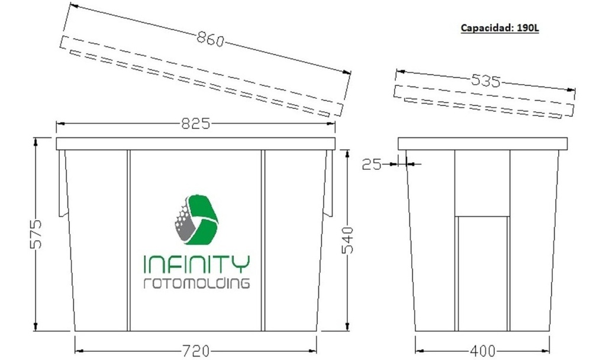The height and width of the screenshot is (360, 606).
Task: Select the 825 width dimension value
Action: pyautogui.click(x=196, y=124)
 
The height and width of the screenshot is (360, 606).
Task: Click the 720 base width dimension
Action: pyautogui.click(x=195, y=351)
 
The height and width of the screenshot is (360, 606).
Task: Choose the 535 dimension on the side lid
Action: pyautogui.click(x=485, y=81)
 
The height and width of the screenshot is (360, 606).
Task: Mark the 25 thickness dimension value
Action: pyautogui.click(x=372, y=165)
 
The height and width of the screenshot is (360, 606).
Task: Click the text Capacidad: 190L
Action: pyautogui.click(x=499, y=28)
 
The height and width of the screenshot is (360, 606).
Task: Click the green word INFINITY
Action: pyautogui.click(x=197, y=263)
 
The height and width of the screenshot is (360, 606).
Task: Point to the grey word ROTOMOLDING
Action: pyautogui.click(x=197, y=283)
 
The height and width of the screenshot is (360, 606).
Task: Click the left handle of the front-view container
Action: pyautogui.click(x=61, y=184)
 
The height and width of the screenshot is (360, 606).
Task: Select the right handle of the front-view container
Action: pyautogui.click(x=328, y=184)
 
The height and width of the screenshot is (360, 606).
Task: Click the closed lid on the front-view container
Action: pyautogui.click(x=195, y=143)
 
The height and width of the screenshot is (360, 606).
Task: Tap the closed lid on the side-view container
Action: pyautogui.click(x=482, y=143)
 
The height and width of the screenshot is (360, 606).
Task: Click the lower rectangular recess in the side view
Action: pyautogui.click(x=482, y=272)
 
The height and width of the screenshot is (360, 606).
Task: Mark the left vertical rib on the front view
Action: pyautogui.click(x=128, y=240)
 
